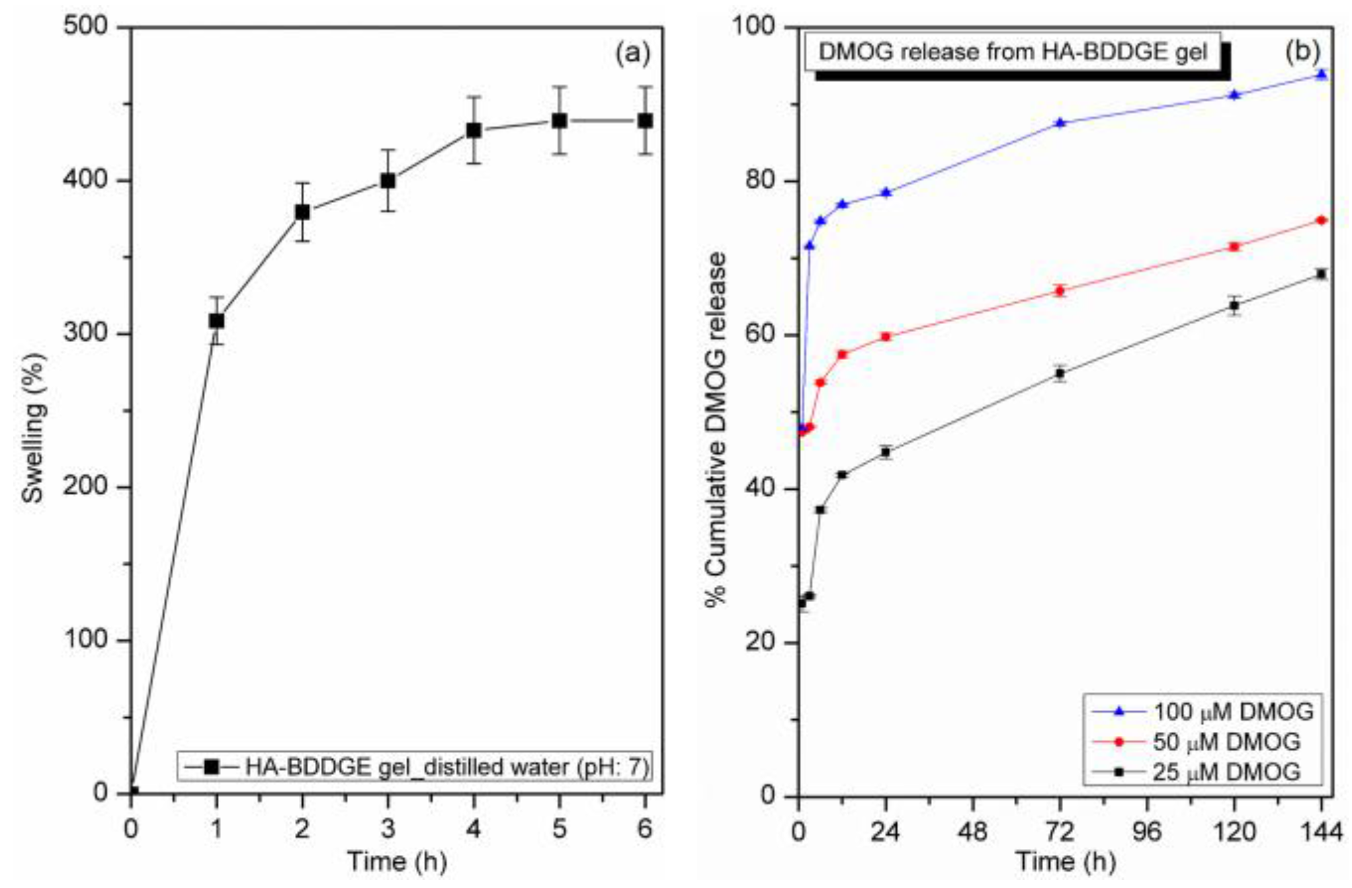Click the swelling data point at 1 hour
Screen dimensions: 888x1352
pyautogui.click(x=216, y=321)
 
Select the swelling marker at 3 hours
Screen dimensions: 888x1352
pyautogui.click(x=388, y=181)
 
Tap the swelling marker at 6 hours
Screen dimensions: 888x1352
pyautogui.click(x=645, y=121)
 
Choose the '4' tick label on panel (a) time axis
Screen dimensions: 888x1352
pyautogui.click(x=474, y=829)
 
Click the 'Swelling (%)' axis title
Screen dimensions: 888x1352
pyautogui.click(x=33, y=428)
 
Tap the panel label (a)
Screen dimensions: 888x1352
pyautogui.click(x=632, y=53)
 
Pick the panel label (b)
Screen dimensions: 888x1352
pyautogui.click(x=1302, y=52)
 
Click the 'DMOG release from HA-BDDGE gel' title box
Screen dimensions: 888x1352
pyautogui.click(x=1012, y=52)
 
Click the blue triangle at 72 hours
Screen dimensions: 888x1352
pyautogui.click(x=1060, y=123)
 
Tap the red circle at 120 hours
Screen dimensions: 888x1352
pyautogui.click(x=1234, y=247)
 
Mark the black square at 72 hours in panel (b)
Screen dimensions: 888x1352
pyautogui.click(x=1060, y=374)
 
